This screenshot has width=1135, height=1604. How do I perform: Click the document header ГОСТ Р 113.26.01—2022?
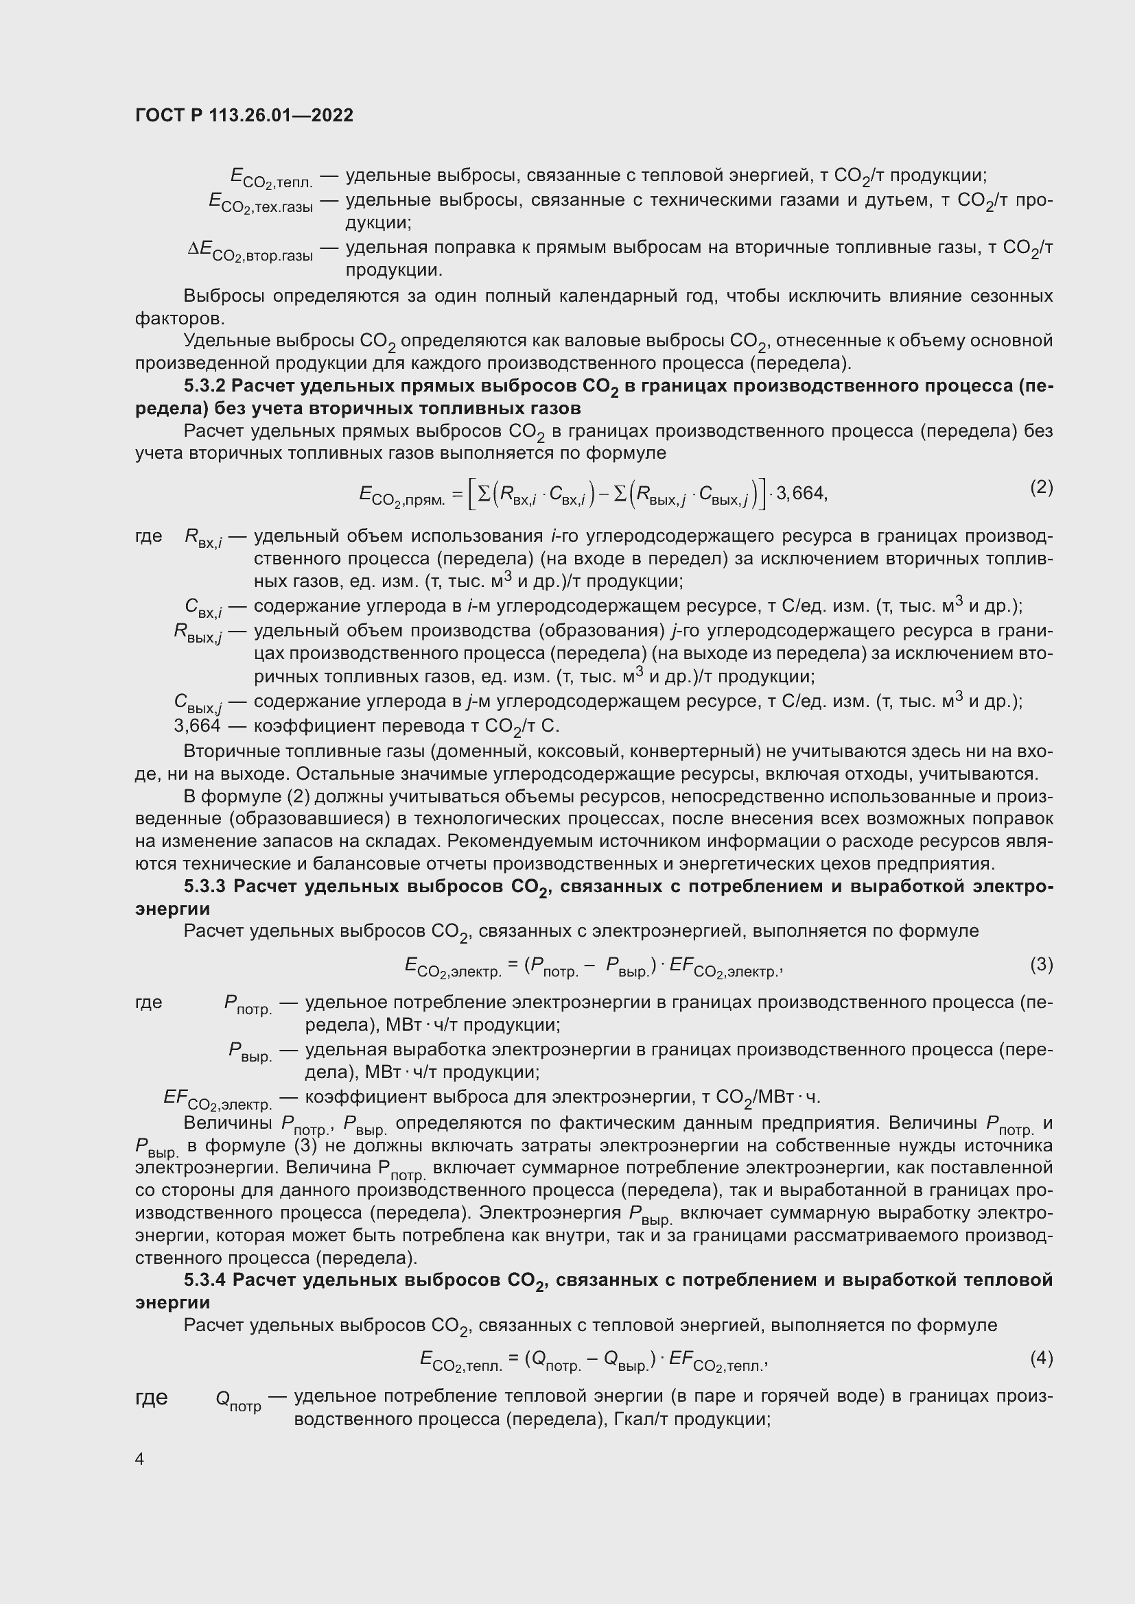244,115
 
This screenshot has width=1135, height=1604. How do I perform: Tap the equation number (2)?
1041,487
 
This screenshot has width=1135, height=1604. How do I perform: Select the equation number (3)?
1041,965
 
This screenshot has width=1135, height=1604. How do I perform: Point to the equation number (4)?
1041,1358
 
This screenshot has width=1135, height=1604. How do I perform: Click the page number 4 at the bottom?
140,1459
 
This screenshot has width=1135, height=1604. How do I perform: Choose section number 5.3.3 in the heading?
205,887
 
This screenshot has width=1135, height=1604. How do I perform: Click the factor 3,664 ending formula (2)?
801,494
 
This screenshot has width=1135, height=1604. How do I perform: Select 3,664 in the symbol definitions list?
197,726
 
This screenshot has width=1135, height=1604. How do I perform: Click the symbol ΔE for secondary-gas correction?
200,249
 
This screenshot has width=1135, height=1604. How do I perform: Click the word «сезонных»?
1011,296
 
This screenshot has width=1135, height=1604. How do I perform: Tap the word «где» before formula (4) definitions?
151,1397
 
